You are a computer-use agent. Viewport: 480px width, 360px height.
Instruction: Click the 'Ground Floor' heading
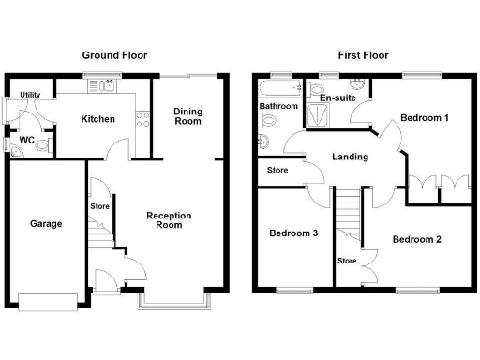coord(114,55)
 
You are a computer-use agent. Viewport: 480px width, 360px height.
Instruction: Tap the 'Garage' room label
coord(46,224)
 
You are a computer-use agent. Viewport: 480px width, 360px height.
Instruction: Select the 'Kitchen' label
coord(97,119)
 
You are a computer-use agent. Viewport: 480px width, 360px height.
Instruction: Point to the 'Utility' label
coord(30,96)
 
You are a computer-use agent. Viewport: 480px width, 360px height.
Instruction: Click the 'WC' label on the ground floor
coord(27,142)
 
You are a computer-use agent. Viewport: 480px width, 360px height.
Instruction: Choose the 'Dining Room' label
coord(187,116)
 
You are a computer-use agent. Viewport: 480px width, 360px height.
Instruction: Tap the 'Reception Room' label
coord(169,220)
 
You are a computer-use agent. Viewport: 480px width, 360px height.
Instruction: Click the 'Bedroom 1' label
coord(424,118)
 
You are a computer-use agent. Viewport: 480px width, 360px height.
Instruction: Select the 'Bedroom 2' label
coord(416,239)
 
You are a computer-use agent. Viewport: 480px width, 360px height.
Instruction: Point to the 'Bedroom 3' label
coord(292,233)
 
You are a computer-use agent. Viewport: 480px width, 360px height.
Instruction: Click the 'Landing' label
coord(350,157)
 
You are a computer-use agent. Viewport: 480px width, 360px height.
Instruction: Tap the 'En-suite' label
coord(337,97)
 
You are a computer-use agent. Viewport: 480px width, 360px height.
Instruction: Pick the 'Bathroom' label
coord(278,107)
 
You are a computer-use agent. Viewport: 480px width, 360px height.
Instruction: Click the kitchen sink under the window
coord(98,88)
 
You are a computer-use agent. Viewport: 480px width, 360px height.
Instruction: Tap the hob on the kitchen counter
coord(143,119)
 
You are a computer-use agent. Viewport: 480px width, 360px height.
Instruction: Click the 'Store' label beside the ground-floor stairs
coord(100,205)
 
